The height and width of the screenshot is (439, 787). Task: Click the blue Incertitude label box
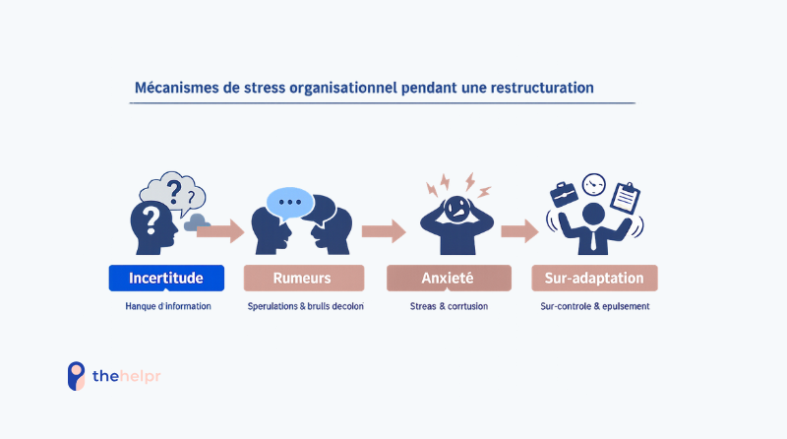tap(166, 279)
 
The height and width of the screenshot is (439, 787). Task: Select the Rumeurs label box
tap(303, 279)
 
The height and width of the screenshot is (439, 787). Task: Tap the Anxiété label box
tap(449, 279)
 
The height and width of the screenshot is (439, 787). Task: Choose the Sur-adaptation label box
tap(594, 279)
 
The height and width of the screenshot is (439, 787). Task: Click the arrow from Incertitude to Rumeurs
tap(221, 231)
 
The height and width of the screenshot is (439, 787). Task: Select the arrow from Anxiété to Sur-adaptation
tap(519, 231)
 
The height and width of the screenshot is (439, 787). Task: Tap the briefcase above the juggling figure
tap(564, 194)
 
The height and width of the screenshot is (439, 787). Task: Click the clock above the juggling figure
tap(593, 183)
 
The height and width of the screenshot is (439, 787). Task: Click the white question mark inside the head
tap(151, 216)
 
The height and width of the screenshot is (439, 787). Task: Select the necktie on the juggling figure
tap(593, 240)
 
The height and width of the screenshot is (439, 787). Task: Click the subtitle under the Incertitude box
tap(166, 307)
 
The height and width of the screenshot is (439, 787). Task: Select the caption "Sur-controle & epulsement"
tap(594, 307)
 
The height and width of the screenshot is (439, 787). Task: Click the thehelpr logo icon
tap(76, 376)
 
